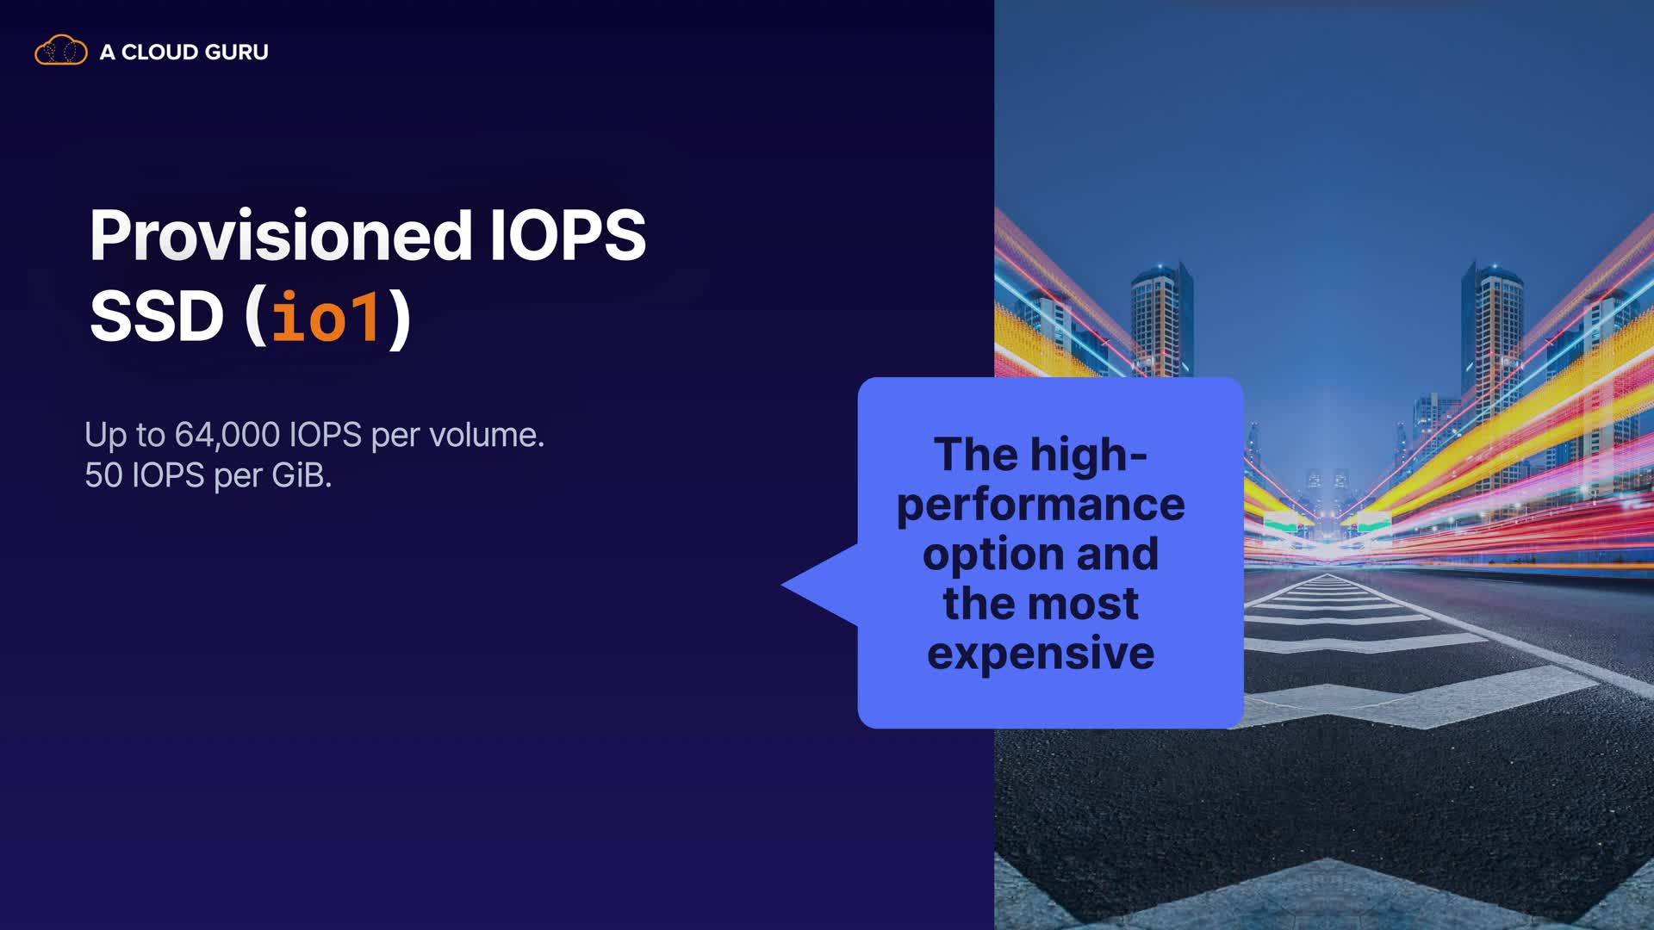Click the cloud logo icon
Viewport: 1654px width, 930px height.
[x=60, y=51]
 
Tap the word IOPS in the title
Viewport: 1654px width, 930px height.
[x=568, y=235]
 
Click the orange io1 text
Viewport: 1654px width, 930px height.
[x=326, y=317]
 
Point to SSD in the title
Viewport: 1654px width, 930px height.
[x=157, y=316]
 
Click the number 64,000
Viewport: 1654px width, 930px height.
[x=227, y=436]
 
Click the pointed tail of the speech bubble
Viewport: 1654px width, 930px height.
[x=784, y=584]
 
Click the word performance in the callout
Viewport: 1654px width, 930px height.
[x=1041, y=505]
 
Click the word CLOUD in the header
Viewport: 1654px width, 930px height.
[x=159, y=53]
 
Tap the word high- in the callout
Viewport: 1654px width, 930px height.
[x=1089, y=455]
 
